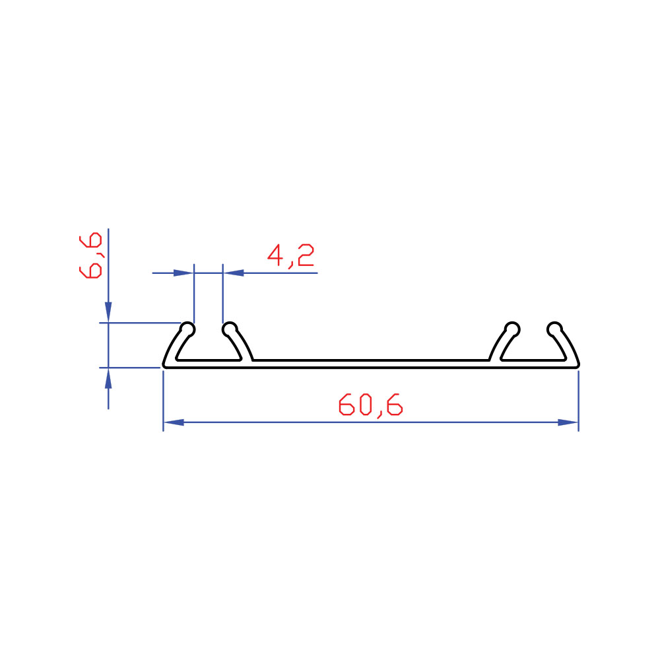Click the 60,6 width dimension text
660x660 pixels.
[x=371, y=405]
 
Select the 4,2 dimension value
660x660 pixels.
[x=291, y=255]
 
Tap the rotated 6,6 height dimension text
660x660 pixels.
[x=90, y=255]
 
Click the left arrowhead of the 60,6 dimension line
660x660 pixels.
[x=174, y=422]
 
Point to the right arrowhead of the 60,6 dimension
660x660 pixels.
[x=568, y=422]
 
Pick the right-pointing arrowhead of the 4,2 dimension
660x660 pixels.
[x=183, y=273]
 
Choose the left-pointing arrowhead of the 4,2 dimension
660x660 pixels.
[x=234, y=273]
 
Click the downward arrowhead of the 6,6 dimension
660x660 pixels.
[x=109, y=312]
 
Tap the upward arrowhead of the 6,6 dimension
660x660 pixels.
[x=109, y=378]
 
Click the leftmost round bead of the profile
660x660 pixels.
[x=187, y=329]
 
